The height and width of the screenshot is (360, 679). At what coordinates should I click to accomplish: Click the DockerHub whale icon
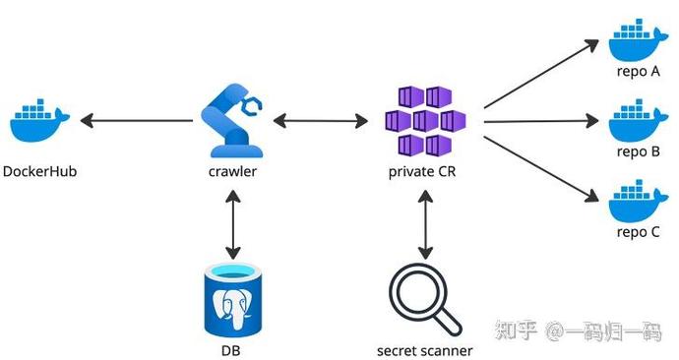(x=39, y=121)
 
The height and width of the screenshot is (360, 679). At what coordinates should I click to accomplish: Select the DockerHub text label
(x=39, y=172)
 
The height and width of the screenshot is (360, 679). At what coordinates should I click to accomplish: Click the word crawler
(x=233, y=172)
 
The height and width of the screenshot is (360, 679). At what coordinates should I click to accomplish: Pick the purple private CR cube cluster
(x=424, y=120)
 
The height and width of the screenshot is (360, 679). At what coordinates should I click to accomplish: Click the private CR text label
(x=424, y=172)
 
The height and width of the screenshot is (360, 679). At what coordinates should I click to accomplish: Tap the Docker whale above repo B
(x=637, y=121)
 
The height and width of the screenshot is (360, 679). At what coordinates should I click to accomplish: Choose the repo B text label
(x=637, y=152)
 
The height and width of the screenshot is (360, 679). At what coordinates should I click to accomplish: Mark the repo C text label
(x=637, y=233)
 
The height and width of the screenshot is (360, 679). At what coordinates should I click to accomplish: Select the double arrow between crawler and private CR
(x=320, y=121)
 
